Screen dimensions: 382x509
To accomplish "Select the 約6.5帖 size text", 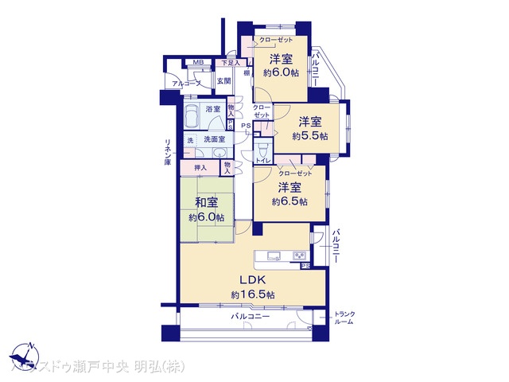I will [x=289, y=201].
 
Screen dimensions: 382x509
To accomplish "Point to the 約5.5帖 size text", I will [x=309, y=136].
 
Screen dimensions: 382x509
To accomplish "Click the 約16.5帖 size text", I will [x=253, y=294].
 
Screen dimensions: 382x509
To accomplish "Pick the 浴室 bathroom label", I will [x=212, y=109].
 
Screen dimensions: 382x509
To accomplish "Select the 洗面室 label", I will [x=214, y=140].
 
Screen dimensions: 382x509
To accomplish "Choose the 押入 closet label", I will [x=200, y=167].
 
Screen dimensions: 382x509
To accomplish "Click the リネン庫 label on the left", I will [x=168, y=151].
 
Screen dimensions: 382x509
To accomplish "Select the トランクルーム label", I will [x=344, y=318].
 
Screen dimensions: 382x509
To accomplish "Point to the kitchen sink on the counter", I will [x=272, y=255].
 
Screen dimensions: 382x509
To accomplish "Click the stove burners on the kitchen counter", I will [x=300, y=255].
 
